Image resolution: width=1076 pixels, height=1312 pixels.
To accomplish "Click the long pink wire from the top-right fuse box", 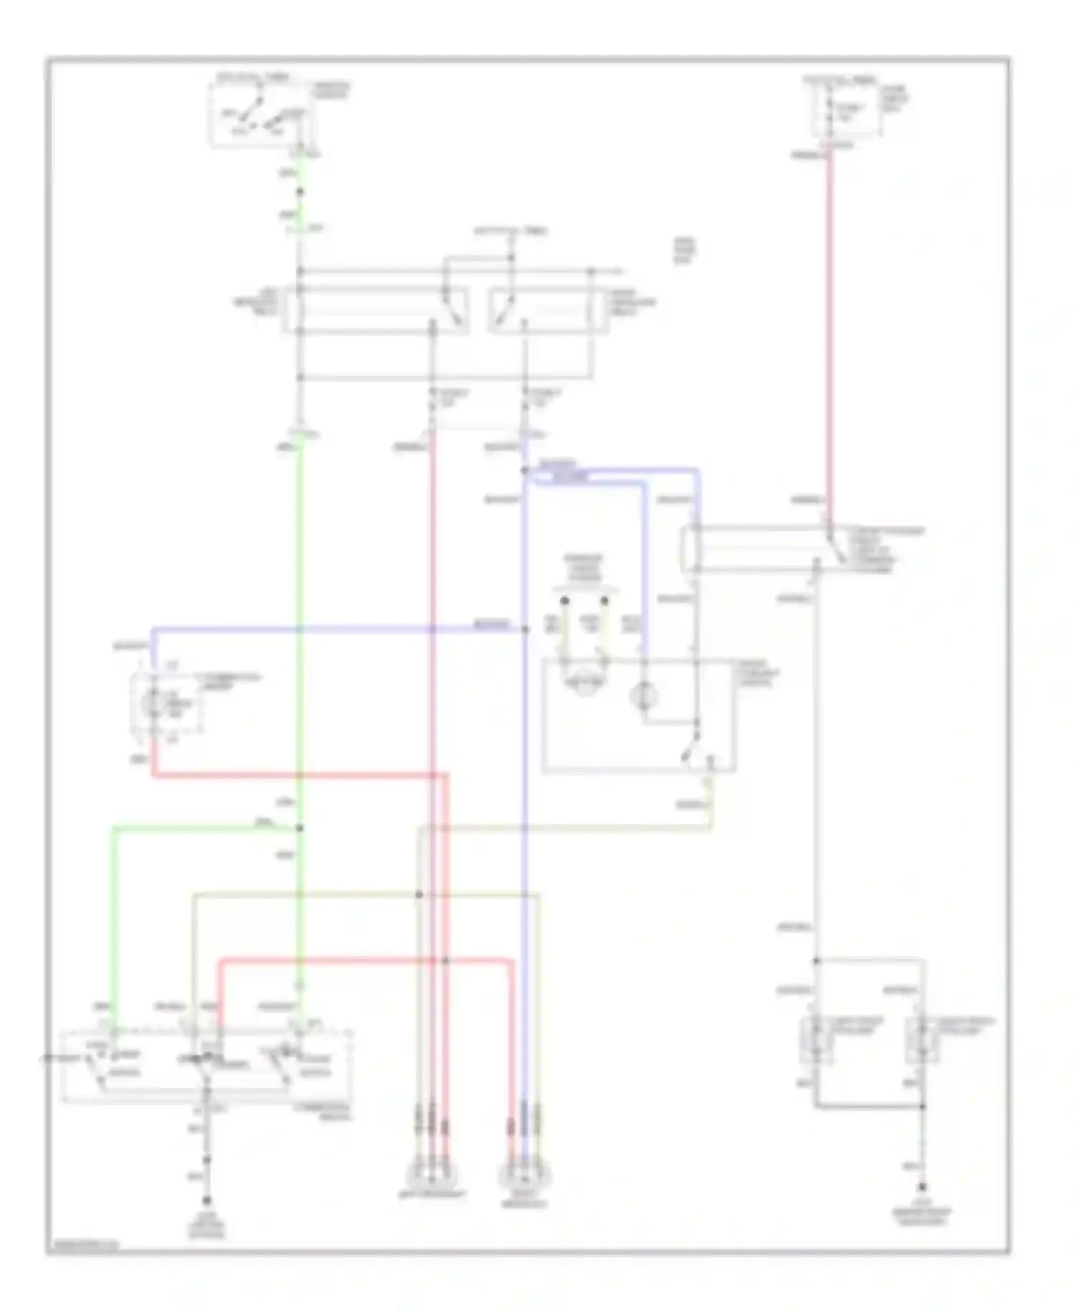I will (830, 323).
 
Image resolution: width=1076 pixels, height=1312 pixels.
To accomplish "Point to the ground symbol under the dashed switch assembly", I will (207, 1200).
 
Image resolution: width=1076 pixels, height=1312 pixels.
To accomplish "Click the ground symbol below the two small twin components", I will (922, 1188).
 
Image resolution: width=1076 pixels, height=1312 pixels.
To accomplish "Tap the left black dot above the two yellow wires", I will (565, 600).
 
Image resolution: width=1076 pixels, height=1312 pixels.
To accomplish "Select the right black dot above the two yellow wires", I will (605, 600).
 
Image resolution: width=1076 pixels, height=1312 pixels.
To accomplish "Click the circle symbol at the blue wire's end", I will (643, 695).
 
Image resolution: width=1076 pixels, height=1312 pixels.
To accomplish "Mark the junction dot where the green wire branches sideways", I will (300, 828).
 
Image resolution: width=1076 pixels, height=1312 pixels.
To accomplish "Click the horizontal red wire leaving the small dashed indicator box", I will (301, 775).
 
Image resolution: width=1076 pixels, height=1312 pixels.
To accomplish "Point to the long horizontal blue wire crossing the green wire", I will (337, 630).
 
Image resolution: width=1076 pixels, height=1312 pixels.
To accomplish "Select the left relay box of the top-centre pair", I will (377, 310).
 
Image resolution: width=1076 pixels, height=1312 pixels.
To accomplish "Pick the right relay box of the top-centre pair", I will (549, 310).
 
